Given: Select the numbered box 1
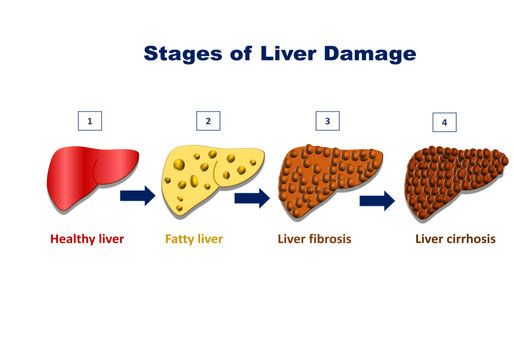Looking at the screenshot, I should coord(90,122).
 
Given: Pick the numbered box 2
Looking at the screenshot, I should coord(208,122).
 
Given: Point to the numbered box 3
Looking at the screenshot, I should coord(327,122).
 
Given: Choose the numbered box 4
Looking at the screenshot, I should coord(445,123).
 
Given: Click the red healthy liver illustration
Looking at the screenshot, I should coord(84,176).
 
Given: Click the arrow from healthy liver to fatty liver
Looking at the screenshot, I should coord(137,195).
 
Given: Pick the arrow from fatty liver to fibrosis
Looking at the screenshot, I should coord(253,198).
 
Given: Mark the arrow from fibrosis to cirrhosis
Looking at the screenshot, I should coord(377,202).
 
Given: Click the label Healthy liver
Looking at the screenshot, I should coord(87,240).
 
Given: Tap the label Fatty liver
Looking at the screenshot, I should coord(194,240).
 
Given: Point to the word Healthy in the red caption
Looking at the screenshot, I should coord(73,240).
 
